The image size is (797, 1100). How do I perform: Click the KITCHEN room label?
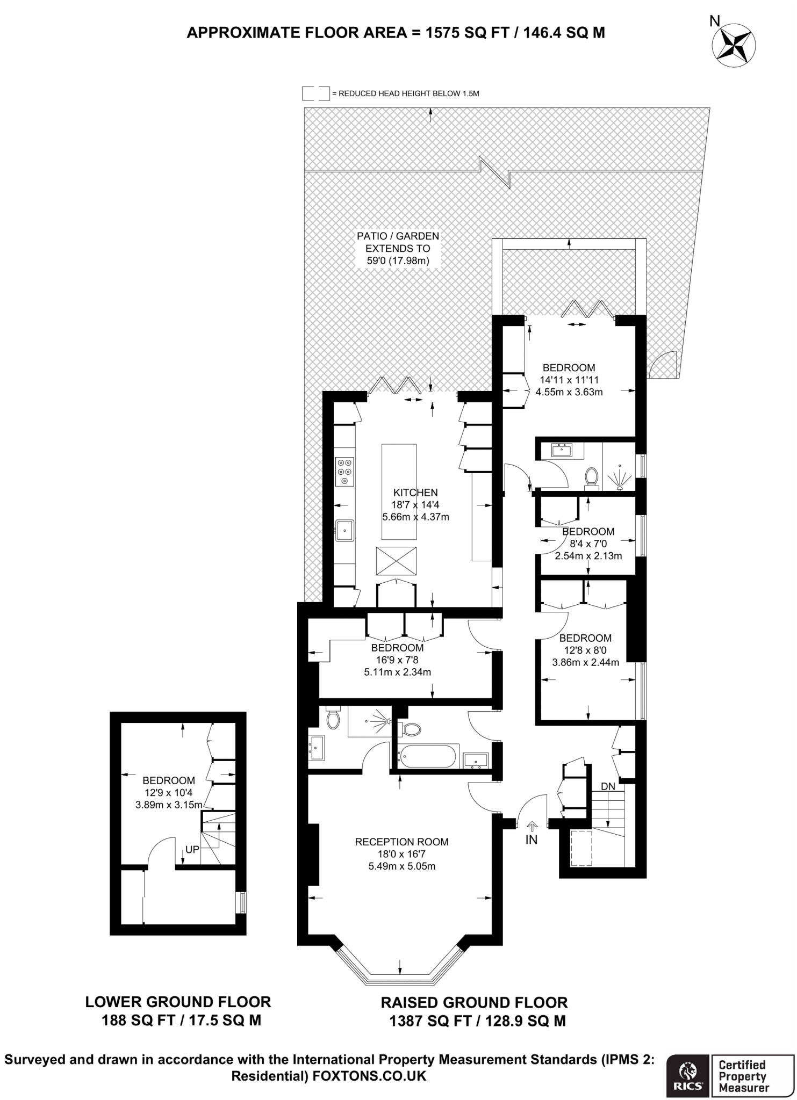pyautogui.click(x=415, y=493)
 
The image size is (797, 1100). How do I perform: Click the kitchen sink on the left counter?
pyautogui.click(x=344, y=531)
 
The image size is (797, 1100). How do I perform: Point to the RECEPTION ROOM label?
pyautogui.click(x=401, y=842)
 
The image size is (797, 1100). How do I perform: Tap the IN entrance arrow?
pyautogui.click(x=532, y=828)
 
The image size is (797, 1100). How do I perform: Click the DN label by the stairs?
pyautogui.click(x=607, y=786)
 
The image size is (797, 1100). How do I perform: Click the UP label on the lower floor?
pyautogui.click(x=192, y=850)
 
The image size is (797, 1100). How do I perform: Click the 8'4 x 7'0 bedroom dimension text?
pyautogui.click(x=588, y=544)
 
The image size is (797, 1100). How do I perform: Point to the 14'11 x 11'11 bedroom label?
pyautogui.click(x=569, y=380)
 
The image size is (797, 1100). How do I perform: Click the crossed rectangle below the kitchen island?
pyautogui.click(x=396, y=561)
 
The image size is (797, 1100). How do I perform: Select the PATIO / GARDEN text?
pyautogui.click(x=398, y=236)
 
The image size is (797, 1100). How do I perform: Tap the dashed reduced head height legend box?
pyautogui.click(x=315, y=93)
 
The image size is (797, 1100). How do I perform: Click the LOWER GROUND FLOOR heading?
pyautogui.click(x=178, y=1002)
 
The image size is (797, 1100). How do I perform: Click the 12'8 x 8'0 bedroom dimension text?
pyautogui.click(x=585, y=650)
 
